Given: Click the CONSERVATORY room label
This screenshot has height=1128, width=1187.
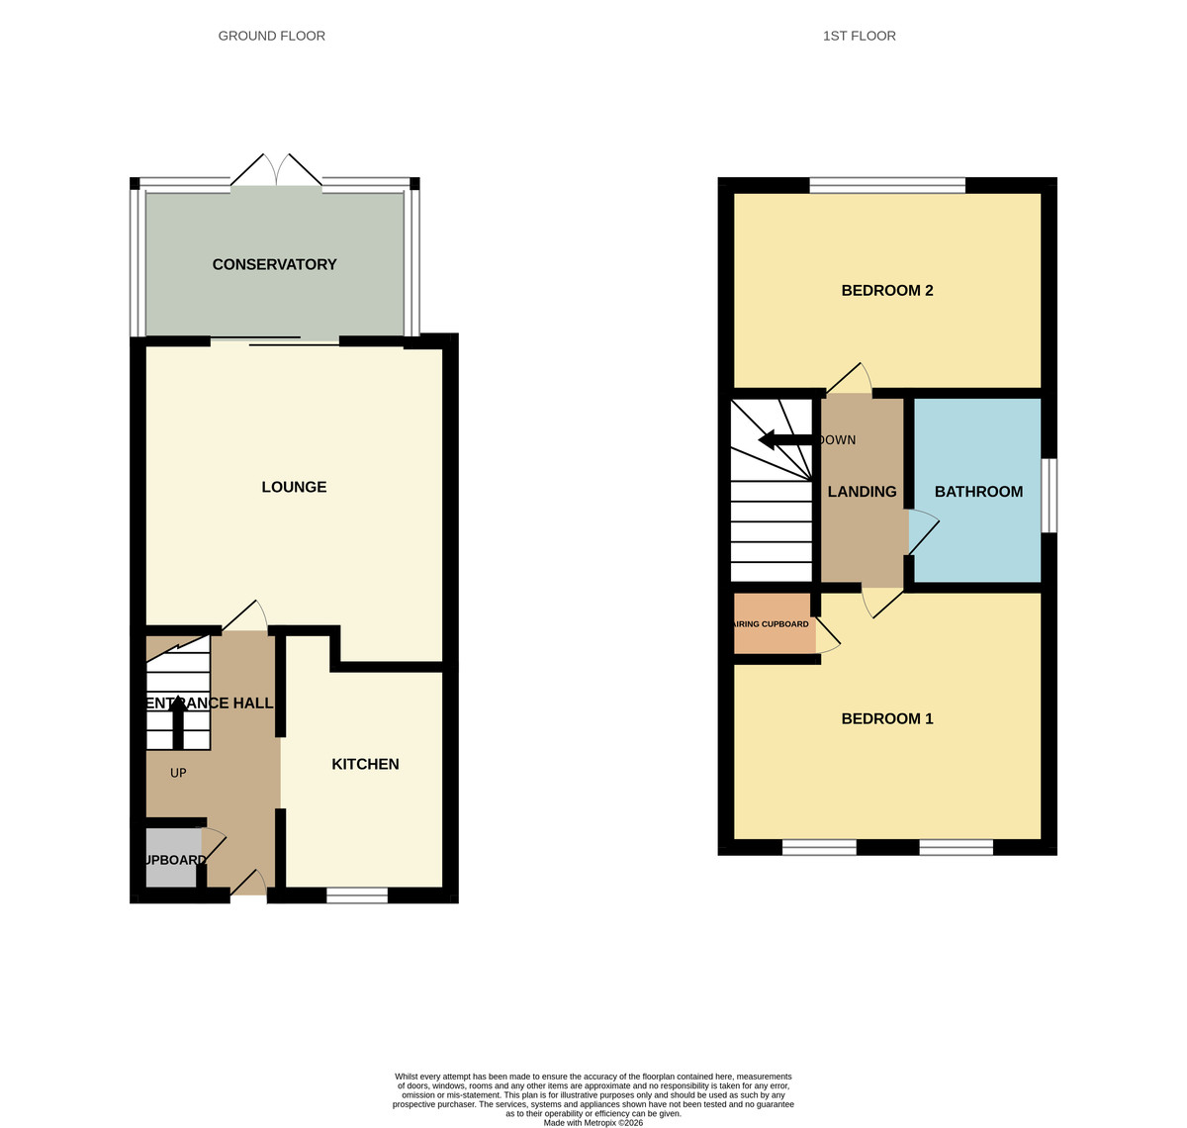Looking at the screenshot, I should click(274, 264).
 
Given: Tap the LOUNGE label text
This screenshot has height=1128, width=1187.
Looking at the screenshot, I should click(294, 487).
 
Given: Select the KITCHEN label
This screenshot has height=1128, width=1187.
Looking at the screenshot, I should click(365, 764).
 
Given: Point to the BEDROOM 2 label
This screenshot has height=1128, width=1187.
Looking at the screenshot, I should click(887, 290).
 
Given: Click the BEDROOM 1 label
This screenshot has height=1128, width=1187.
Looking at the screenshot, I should click(887, 718).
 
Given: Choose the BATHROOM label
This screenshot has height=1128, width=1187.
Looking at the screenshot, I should click(978, 492).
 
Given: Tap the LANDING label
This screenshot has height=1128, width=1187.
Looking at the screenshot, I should click(862, 492).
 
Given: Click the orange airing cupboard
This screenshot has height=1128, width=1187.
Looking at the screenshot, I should click(774, 624).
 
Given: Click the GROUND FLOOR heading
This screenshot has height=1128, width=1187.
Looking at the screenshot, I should click(272, 36).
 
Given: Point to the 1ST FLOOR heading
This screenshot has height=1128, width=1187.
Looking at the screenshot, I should click(860, 36).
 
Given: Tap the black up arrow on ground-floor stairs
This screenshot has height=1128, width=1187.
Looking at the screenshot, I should click(178, 720).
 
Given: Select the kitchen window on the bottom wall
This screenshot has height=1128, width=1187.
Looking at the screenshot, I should click(357, 895).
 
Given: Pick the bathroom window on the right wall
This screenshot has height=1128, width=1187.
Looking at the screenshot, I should click(1050, 495).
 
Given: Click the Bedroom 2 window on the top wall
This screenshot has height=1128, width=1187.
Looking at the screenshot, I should click(887, 185).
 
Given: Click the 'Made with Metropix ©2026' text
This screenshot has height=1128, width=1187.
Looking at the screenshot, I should click(593, 1122).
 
